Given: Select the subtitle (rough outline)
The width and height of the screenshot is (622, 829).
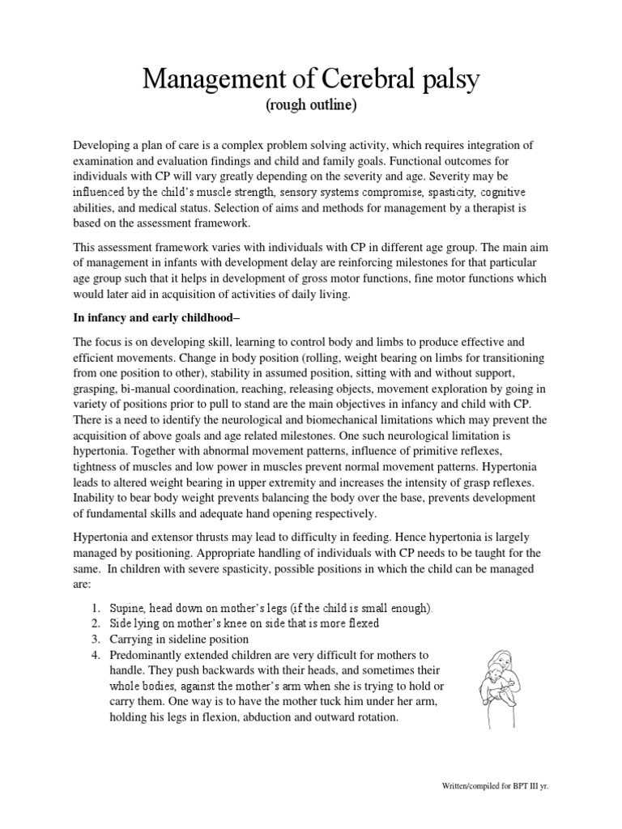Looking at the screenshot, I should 311,107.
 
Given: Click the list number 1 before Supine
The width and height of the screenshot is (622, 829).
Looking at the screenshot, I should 96,606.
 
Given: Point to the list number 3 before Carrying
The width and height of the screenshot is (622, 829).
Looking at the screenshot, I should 96,639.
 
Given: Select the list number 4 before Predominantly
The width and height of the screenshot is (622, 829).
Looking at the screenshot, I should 96,654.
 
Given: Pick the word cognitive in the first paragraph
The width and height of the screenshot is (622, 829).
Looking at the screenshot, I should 501,192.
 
